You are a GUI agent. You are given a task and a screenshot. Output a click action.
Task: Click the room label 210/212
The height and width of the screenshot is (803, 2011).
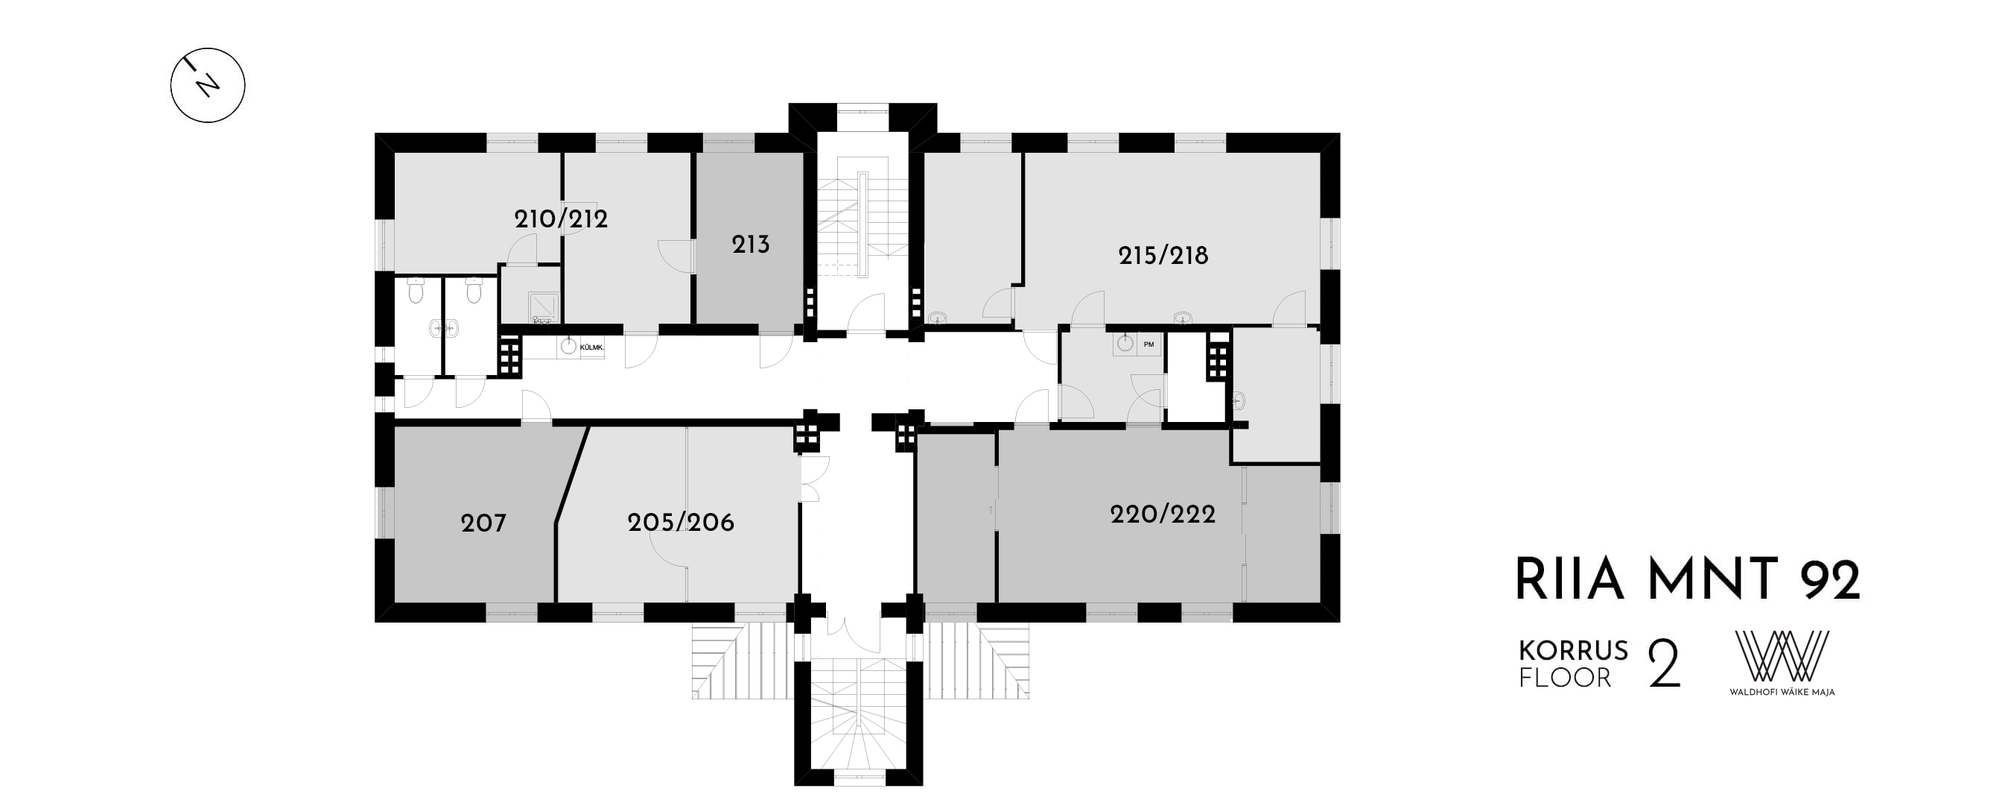point(561,218)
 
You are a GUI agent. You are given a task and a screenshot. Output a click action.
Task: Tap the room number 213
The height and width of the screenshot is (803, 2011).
point(750,245)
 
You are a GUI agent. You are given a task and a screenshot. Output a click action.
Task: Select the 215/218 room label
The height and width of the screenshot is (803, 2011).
point(1163,256)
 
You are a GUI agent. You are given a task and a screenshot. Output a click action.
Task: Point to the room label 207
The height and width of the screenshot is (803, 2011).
point(483,523)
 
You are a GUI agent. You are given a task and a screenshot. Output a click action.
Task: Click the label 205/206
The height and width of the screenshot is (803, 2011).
point(681,522)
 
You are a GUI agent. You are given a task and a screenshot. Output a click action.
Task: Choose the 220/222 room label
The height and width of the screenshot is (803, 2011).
point(1163,514)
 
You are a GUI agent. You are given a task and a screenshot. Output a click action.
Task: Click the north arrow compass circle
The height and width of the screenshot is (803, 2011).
point(208,85)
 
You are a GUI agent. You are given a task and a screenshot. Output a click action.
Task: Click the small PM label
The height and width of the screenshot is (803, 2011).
point(1149,344)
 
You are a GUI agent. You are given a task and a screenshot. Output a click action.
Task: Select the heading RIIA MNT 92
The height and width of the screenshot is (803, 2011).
point(1688,579)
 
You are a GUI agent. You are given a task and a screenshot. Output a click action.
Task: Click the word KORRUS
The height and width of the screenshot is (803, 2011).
point(1573,650)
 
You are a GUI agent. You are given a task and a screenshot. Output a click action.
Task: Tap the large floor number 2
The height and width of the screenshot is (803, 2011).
point(1664,664)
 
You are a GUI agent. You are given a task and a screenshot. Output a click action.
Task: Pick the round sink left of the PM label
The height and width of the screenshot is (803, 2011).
point(1125,343)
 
